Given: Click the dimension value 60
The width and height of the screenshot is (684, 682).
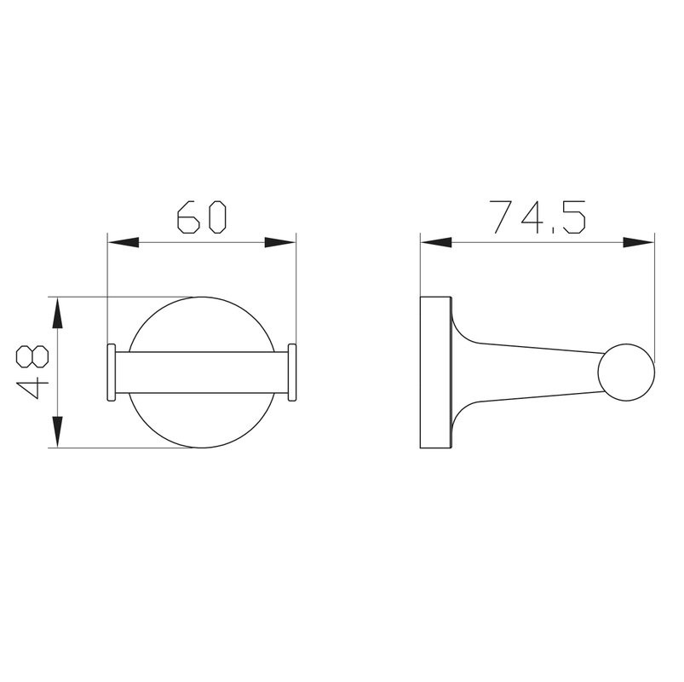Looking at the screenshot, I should point(201,217).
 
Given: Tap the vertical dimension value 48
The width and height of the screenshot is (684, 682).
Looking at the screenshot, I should point(32,373).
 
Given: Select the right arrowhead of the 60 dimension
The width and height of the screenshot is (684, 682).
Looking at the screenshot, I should point(280,243).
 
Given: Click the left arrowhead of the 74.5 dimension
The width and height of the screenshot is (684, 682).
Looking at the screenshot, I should point(435,243).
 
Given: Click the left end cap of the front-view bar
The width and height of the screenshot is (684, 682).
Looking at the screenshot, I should point(110,373).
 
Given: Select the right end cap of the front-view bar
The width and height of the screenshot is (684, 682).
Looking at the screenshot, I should point(292,373).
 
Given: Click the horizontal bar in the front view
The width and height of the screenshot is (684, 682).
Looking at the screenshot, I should point(201,373).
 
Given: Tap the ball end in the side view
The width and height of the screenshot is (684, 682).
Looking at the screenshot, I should point(627,373).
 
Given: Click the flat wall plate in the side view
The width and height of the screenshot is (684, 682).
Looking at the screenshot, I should point(435,373).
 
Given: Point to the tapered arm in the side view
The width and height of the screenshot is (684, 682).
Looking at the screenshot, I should point(528,373).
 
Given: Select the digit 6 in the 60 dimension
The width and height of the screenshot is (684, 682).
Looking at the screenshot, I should point(187,217).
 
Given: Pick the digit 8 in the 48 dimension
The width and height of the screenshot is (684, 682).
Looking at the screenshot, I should point(32,357).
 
